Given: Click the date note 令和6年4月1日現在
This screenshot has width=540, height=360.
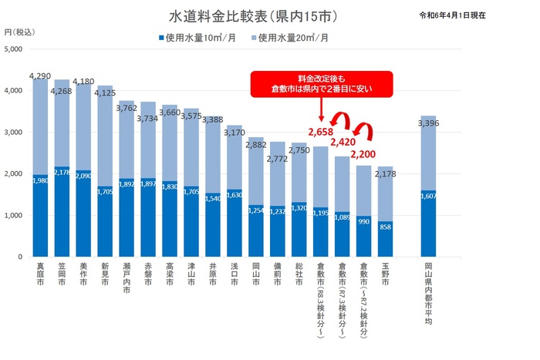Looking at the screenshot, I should click(464, 15).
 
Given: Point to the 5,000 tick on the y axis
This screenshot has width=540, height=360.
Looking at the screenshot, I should click(15, 49).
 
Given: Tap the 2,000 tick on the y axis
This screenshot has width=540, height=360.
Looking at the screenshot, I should click(15, 174).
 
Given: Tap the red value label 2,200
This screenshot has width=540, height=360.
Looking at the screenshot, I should click(363, 155).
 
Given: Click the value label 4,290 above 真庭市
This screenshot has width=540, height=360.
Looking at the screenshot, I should click(39, 76).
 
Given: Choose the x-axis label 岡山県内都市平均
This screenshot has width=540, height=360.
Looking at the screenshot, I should click(429, 293).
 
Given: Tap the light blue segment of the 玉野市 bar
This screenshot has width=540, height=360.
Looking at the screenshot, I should click(386, 193).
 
